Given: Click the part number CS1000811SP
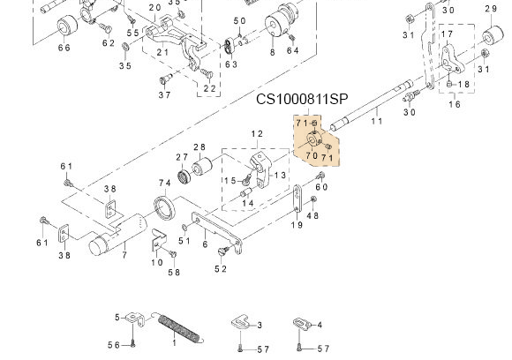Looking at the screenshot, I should [303, 100].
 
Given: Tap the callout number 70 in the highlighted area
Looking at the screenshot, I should [312, 155].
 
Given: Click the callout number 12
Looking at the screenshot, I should [257, 133].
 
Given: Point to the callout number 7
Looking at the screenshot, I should [124, 255].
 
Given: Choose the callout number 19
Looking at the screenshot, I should [297, 225].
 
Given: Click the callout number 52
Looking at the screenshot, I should [222, 268].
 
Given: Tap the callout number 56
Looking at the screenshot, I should [114, 345].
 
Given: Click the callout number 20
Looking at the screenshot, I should [154, 8].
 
